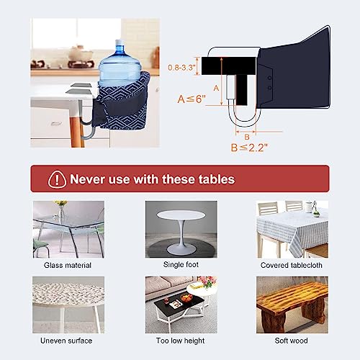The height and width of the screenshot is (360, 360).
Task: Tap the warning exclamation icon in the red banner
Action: pyautogui.click(x=55, y=178)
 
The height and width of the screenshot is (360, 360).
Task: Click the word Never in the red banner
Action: pyautogui.click(x=89, y=178)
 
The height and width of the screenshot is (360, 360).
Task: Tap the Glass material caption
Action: pyautogui.click(x=67, y=265)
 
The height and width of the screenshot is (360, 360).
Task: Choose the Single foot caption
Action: pyautogui.click(x=179, y=265)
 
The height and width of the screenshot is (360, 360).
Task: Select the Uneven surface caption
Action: pyautogui.click(x=67, y=340)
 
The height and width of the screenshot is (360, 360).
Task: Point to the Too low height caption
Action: pyautogui.click(x=179, y=340)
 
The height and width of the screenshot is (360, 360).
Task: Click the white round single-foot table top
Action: pyautogui.click(x=179, y=217)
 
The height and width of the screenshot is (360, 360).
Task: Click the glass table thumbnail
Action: pyautogui.click(x=67, y=228)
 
